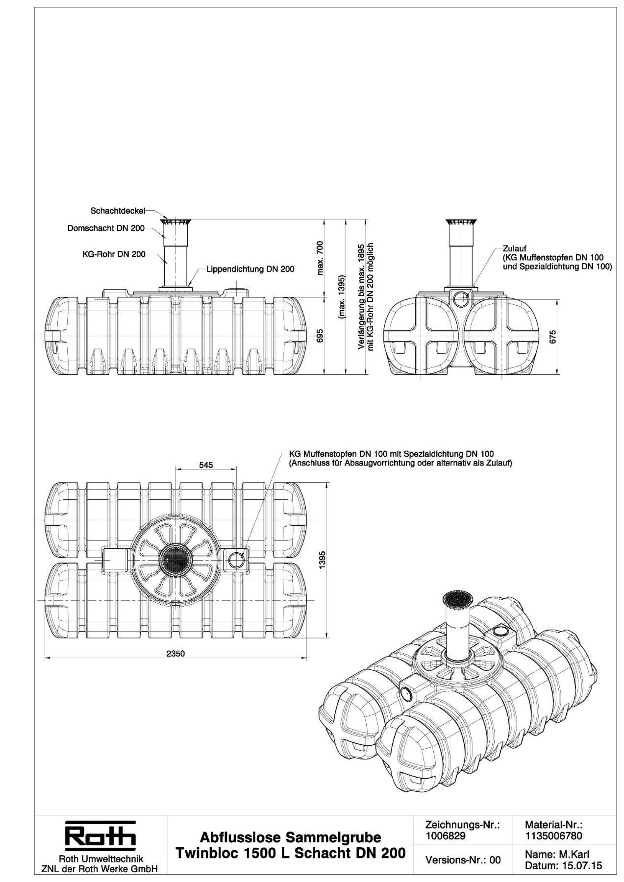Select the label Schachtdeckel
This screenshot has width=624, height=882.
118,211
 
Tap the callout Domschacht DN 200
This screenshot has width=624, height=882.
106,228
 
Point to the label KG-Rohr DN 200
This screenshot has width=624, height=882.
114,254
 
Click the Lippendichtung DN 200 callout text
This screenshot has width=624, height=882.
250,269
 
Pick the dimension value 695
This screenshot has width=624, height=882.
320,336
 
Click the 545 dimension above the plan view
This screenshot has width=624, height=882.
206,465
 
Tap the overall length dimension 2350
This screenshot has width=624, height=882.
175,654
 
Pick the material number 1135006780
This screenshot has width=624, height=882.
553,837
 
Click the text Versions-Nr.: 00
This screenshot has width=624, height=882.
463,860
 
